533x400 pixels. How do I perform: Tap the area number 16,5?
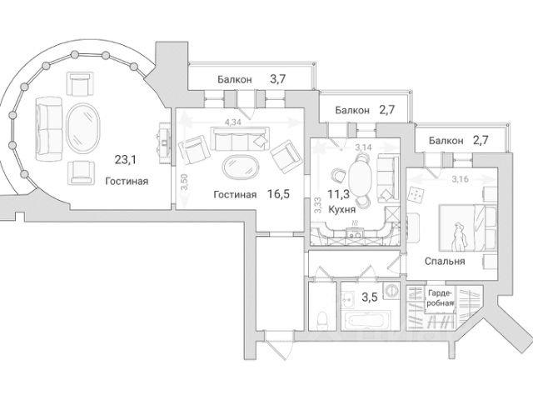tap(278, 194)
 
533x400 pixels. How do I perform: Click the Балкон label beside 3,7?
tap(235, 78)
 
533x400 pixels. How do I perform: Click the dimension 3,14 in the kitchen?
tap(363, 147)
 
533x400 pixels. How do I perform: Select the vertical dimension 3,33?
tap(318, 205)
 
